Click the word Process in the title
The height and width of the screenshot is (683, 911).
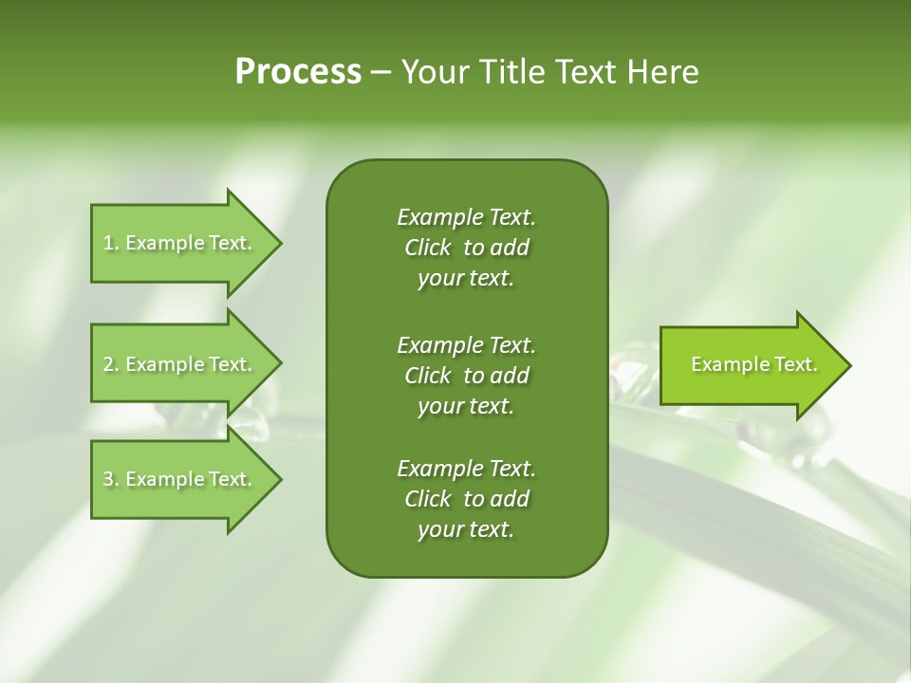pyautogui.click(x=298, y=72)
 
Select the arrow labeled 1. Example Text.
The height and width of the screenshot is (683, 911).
pyautogui.click(x=180, y=243)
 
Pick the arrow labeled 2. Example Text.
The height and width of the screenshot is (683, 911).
pyautogui.click(x=180, y=364)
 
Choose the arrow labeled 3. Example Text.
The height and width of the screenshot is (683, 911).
pyautogui.click(x=180, y=479)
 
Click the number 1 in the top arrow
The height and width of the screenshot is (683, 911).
pyautogui.click(x=108, y=243)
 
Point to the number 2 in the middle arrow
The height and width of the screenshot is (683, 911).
pyautogui.click(x=108, y=364)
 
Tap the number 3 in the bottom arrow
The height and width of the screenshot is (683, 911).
pyautogui.click(x=108, y=479)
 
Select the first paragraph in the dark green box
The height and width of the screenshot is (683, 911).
pyautogui.click(x=466, y=248)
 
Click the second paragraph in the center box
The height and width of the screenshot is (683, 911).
pyautogui.click(x=466, y=376)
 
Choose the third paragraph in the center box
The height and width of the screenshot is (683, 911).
pyautogui.click(x=466, y=499)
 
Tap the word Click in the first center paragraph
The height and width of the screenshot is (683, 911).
pyautogui.click(x=427, y=248)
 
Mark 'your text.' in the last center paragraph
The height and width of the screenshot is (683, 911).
pyautogui.click(x=466, y=529)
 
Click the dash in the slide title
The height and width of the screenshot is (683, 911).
pyautogui.click(x=381, y=73)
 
